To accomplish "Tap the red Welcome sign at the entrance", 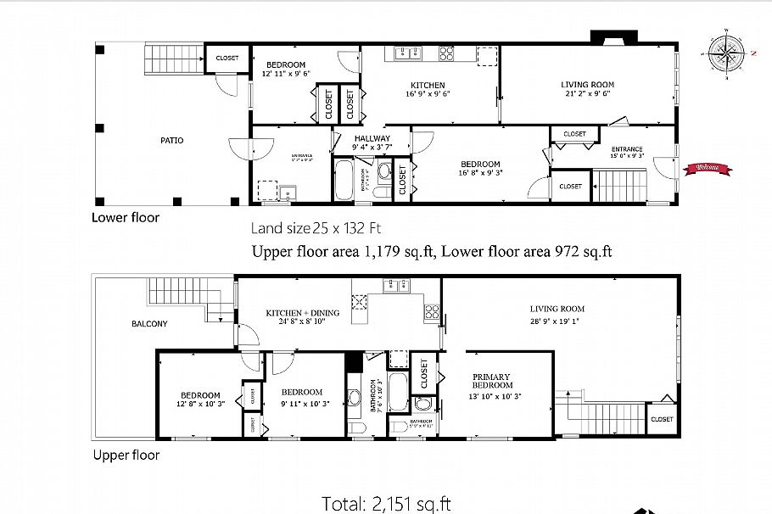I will (707, 168).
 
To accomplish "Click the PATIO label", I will (173, 141).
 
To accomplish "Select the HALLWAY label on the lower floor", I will (372, 138).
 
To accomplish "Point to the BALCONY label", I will (149, 324).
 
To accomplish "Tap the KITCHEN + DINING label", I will (302, 313).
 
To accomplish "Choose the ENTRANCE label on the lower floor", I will (626, 150).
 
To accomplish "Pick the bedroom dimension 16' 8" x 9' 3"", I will (479, 174).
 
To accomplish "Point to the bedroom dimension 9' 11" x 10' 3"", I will (302, 403).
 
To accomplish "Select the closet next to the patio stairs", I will (227, 59).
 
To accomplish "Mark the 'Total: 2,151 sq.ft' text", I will (386, 503).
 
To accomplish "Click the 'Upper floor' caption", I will (126, 455).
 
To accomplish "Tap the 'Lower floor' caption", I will (125, 217).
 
